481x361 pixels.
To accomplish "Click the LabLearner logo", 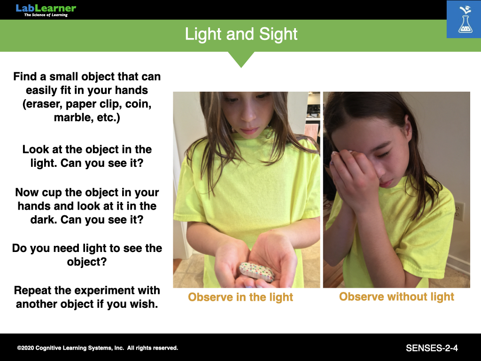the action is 46,10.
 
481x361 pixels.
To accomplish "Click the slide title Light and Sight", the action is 241,34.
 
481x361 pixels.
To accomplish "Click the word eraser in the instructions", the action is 43,104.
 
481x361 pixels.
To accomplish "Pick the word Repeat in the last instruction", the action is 33,290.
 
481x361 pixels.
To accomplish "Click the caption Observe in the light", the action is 240,297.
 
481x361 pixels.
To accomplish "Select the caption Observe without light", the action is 396,297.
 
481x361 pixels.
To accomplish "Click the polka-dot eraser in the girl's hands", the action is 257,272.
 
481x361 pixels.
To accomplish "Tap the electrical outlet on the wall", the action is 459,211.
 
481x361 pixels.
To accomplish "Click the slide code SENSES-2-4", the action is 432,348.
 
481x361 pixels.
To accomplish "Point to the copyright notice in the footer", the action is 98,348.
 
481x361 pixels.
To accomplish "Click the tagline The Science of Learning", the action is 46,15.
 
